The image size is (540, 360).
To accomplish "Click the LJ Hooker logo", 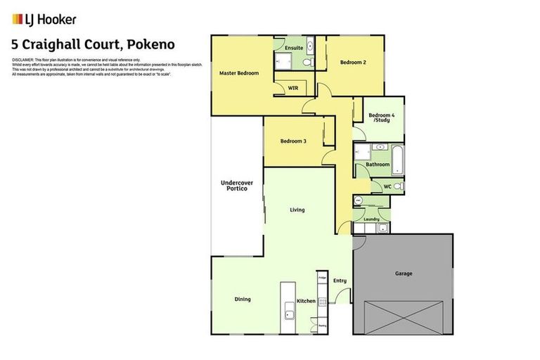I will click(x=44, y=20).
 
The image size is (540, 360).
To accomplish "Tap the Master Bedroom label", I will click(x=238, y=73).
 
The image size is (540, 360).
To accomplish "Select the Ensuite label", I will click(x=295, y=48).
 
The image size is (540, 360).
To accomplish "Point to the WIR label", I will click(x=294, y=88).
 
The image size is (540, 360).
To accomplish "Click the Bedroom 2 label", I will click(x=354, y=63).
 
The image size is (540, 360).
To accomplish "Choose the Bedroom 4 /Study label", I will click(x=382, y=117).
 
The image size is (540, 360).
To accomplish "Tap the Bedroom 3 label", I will click(x=293, y=141).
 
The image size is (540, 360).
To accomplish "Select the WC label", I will click(x=387, y=186).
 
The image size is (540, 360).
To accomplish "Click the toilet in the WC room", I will click(x=398, y=186).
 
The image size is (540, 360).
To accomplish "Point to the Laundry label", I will click(x=371, y=219).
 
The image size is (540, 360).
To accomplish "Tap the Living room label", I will click(x=297, y=210).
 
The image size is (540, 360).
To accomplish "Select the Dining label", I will click(x=242, y=300).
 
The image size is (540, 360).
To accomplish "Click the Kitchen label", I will click(x=306, y=301).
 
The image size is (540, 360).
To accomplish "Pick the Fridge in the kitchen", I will click(x=322, y=279).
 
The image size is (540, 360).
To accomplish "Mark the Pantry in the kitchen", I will click(x=322, y=326).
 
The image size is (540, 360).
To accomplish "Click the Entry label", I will click(x=340, y=281).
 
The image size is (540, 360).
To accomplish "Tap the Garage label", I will click(x=403, y=274).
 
